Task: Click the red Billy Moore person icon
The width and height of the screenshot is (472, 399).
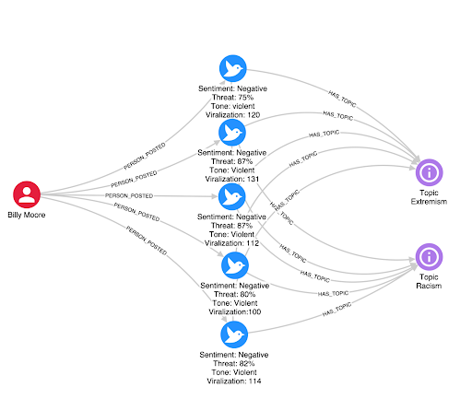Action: (x=27, y=194)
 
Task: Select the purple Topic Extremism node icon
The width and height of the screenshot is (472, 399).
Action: (x=429, y=172)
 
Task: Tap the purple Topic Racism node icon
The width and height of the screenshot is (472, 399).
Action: (x=429, y=257)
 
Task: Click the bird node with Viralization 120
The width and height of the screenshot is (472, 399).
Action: (x=233, y=68)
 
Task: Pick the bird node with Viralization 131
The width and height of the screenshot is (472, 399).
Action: (x=232, y=133)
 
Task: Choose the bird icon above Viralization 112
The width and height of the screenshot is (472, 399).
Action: (x=232, y=196)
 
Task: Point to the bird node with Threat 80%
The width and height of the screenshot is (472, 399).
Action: (x=235, y=265)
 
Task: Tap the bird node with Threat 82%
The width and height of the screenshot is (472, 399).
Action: (x=234, y=334)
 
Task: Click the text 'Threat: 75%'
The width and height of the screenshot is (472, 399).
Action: (x=232, y=98)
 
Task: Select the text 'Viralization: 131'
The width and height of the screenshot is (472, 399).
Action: (x=232, y=179)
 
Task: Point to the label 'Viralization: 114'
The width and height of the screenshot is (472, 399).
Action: (x=234, y=381)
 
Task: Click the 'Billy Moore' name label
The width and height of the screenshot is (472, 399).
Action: (x=27, y=215)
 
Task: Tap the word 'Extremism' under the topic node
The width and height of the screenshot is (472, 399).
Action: (x=429, y=202)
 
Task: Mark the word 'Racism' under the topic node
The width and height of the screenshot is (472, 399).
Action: (x=429, y=286)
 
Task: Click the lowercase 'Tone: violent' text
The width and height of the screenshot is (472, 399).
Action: (x=232, y=106)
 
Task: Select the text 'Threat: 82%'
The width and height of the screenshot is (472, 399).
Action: (x=234, y=364)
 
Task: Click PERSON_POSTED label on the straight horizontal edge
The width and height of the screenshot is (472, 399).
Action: (x=129, y=195)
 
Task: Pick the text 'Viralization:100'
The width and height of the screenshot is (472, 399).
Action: (x=235, y=312)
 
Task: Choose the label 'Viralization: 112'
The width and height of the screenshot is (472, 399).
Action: (x=231, y=243)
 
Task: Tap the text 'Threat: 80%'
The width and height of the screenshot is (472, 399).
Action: (x=235, y=294)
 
